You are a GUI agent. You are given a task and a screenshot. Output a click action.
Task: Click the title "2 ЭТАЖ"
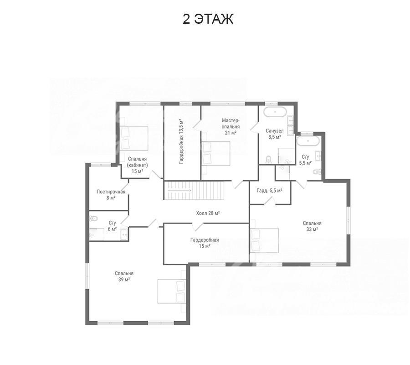[x=208, y=19]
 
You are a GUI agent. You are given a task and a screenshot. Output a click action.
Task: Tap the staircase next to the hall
[x=194, y=190]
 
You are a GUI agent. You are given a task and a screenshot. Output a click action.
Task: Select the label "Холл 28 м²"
[x=208, y=213]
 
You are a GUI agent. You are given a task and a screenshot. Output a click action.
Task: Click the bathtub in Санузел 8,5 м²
[x=275, y=112]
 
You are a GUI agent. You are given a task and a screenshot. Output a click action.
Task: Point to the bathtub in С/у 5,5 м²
[x=308, y=141]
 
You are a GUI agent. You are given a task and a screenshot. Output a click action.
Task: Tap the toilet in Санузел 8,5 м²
[x=268, y=160]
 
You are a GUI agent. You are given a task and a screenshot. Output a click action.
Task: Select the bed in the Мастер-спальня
[x=216, y=153]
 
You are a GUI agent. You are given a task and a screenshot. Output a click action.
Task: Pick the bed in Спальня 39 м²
[x=172, y=291]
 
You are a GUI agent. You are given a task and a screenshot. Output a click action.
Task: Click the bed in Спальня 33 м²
[x=264, y=240]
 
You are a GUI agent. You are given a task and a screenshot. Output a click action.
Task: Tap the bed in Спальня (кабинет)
[x=134, y=139]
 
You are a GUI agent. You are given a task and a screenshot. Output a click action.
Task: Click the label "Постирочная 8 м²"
[x=111, y=195]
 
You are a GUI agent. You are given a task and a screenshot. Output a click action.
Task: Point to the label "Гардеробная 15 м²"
[x=205, y=243]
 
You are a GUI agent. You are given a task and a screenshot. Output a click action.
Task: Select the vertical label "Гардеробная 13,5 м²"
[x=181, y=141]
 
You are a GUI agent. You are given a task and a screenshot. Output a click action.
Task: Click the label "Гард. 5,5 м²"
[x=269, y=191]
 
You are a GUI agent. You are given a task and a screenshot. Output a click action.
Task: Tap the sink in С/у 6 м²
[x=123, y=235]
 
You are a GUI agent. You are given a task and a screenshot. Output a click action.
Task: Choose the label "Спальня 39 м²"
[x=124, y=276]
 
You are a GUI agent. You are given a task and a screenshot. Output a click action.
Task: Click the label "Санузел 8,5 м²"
[x=275, y=134]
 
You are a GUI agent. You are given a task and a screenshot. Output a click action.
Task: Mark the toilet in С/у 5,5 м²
[x=316, y=172]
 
